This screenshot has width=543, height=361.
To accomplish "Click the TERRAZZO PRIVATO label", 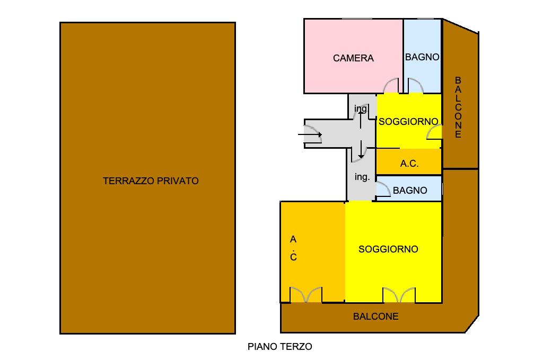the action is point(151,181).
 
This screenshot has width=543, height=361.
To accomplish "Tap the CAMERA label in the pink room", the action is point(353,58).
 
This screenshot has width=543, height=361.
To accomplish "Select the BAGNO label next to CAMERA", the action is point(422,57).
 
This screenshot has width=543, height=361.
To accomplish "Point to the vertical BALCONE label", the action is point(458,107).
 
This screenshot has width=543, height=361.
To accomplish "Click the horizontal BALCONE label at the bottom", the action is point(376,317).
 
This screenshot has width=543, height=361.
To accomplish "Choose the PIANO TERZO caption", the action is point(280,347).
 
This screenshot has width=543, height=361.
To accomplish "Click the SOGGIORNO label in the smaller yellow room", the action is point(409,122).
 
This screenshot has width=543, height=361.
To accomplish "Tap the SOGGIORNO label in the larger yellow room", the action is point(388,249).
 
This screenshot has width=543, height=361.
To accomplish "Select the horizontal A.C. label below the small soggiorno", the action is point(409,163).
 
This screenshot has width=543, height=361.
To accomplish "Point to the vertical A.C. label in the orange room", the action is point(293,248).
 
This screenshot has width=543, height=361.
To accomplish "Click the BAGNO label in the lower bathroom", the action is point(410,190).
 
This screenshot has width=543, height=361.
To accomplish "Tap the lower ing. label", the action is point(362,177).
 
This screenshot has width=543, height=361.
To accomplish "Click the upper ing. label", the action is point(361,109).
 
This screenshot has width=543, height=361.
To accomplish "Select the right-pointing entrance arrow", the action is point(310,134).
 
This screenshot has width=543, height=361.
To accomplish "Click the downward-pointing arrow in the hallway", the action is point(361,149).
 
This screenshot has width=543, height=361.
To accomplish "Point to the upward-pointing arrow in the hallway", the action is point(361,119).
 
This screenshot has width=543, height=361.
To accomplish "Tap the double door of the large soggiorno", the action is point(399,295).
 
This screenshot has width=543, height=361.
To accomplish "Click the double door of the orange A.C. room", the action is point(306,295).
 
